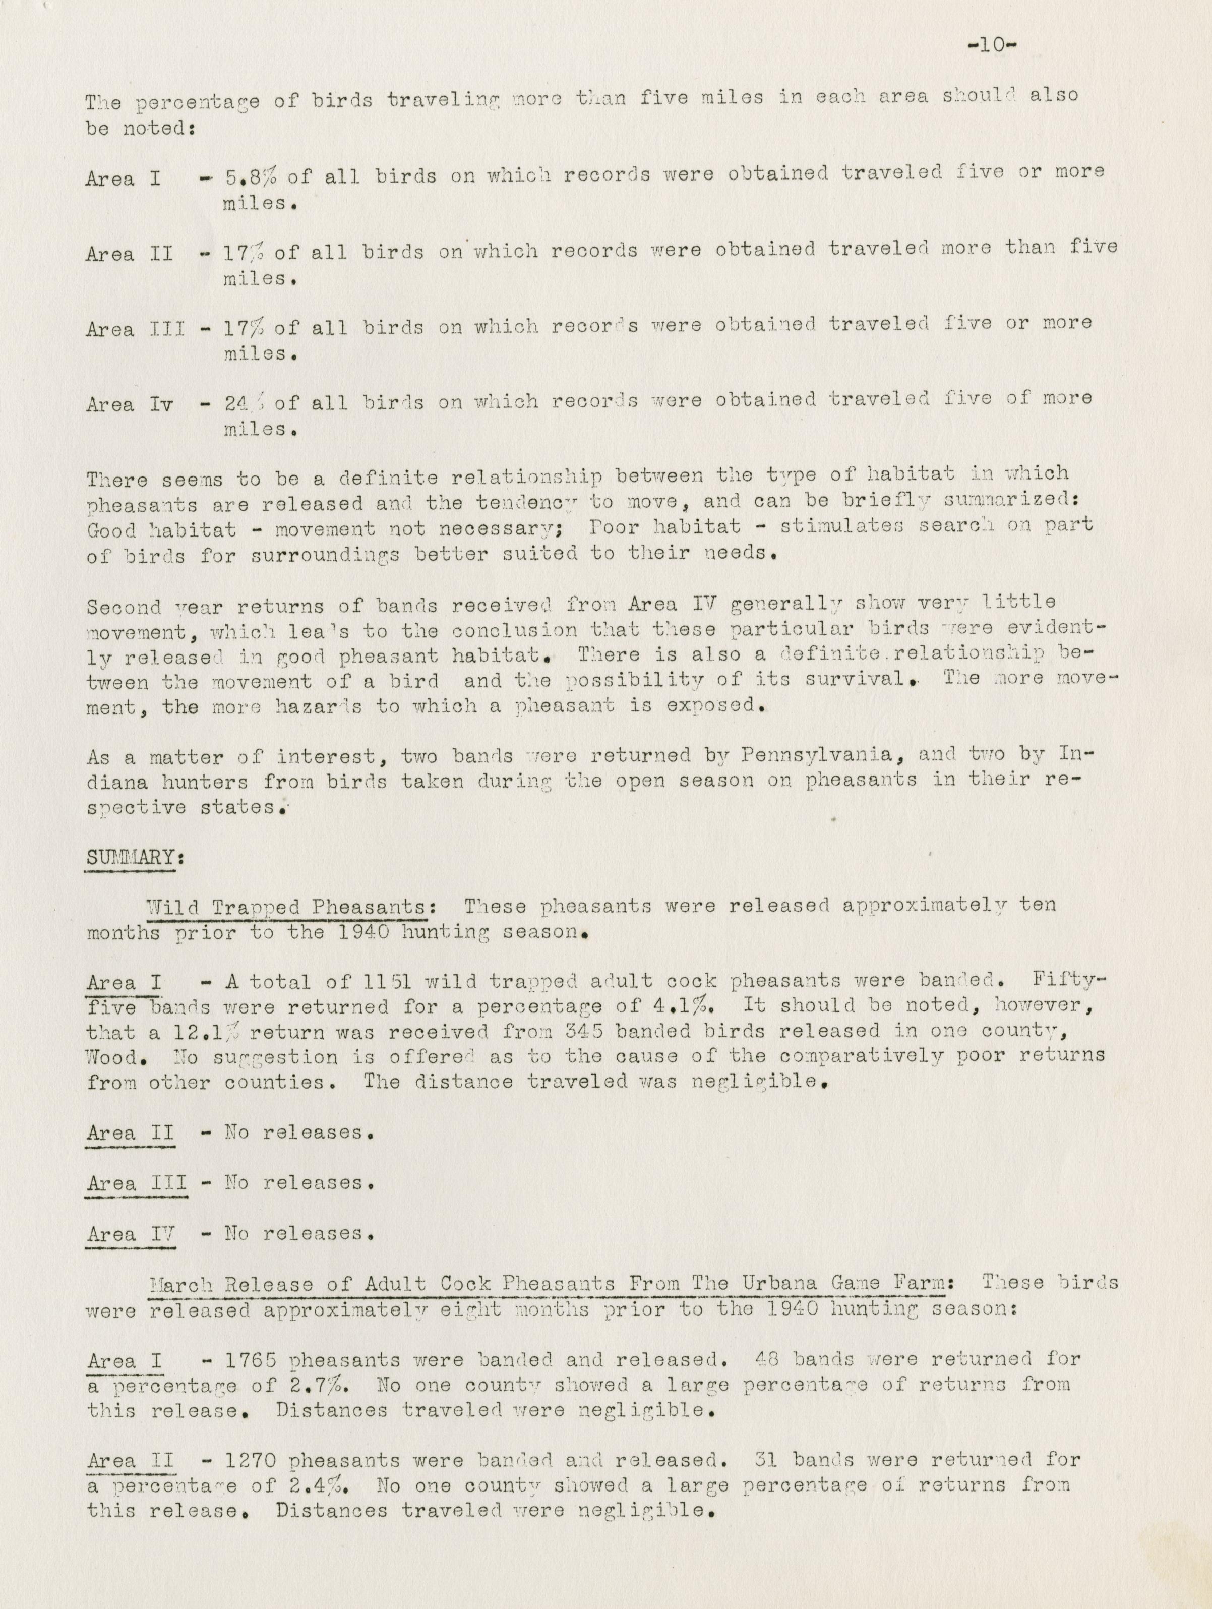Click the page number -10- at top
pos(992,44)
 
